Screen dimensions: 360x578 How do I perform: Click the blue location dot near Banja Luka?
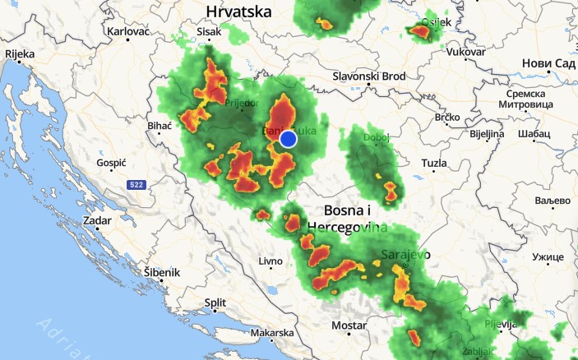coord(288,139)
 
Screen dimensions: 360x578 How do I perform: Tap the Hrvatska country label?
coord(238,12)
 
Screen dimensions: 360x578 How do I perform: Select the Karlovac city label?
coord(127,31)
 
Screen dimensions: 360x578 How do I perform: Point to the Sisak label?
coord(210,31)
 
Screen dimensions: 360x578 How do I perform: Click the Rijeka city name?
coord(20,53)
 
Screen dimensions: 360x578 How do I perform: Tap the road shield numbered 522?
coord(136,186)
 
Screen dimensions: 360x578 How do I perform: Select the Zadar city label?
coord(97,221)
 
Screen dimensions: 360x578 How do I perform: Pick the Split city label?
coord(215,302)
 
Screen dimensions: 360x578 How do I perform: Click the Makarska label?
coord(272,333)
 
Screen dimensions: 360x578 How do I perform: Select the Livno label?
coord(271,261)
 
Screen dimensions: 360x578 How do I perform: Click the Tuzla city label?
coord(433,164)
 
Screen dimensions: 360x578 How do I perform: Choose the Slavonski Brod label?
coord(369,76)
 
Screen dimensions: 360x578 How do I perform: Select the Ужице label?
coord(548,257)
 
